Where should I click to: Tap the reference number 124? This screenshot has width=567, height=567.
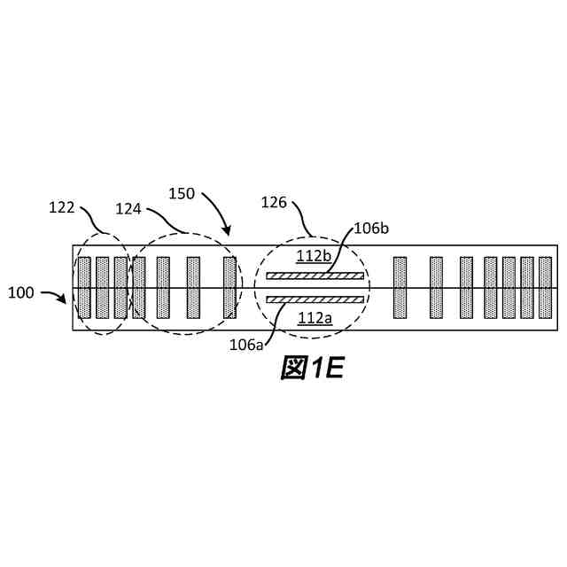pos(130,208)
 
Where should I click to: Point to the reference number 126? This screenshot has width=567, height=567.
pos(273,203)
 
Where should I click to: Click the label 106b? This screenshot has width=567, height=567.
pos(370,228)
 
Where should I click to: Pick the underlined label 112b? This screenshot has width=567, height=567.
pos(313,257)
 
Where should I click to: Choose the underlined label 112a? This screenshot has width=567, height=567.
pos(315,318)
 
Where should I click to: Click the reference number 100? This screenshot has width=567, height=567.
pos(23,291)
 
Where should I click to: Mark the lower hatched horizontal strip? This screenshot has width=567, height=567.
pos(315,299)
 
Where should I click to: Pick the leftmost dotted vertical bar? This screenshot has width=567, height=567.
pos(84,288)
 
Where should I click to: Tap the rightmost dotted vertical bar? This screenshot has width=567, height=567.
pos(545,288)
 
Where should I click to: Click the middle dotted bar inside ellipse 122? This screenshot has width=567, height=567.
pos(102,288)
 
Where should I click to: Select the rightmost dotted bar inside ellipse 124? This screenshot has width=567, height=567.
pos(229,288)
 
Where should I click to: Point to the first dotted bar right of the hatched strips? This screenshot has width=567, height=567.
pos(400,288)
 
